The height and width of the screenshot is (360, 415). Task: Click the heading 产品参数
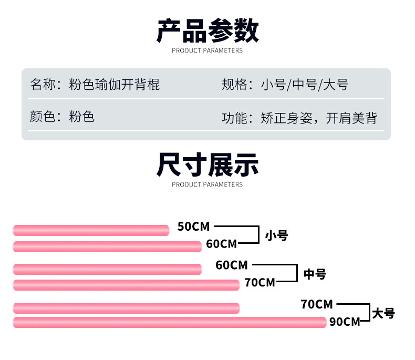207,30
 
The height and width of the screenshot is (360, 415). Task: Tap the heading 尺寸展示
207,164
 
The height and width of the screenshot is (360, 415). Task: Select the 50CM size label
193,227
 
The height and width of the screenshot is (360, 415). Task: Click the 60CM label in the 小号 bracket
221,244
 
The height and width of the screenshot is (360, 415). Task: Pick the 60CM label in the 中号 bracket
231,265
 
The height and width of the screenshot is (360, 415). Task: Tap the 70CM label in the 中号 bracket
260,283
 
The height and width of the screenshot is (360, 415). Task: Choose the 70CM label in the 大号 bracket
317,304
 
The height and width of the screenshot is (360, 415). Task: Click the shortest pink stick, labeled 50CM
91,230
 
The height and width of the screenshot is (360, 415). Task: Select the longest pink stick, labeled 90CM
169,323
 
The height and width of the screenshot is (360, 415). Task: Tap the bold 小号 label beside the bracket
276,235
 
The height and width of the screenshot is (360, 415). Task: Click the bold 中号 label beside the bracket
315,274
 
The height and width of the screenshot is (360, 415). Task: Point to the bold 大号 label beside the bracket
383,314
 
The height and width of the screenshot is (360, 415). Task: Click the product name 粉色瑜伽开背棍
115,84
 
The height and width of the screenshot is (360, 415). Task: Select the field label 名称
43,84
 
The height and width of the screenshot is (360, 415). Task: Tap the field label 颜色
43,116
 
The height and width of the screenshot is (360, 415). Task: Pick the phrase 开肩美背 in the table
351,118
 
